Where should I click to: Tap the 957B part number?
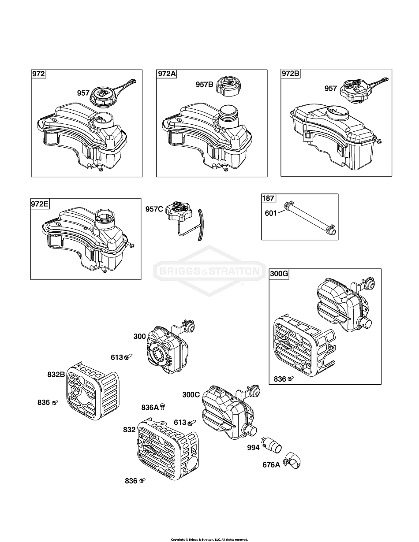pyautogui.click(x=205, y=84)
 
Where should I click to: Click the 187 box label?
pyautogui.click(x=268, y=198)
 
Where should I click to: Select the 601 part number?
pyautogui.click(x=271, y=213)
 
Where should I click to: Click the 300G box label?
pyautogui.click(x=279, y=274)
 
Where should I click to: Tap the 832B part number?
pyautogui.click(x=56, y=375)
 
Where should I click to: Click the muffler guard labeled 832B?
pyautogui.click(x=93, y=390)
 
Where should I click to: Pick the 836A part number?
pyautogui.click(x=150, y=408)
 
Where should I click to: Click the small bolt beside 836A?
pyautogui.click(x=163, y=405)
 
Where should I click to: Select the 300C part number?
pyautogui.click(x=191, y=394)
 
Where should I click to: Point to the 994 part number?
pyautogui.click(x=253, y=448)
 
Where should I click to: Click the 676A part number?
pyautogui.click(x=271, y=464)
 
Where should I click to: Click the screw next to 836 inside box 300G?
pyautogui.click(x=290, y=379)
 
